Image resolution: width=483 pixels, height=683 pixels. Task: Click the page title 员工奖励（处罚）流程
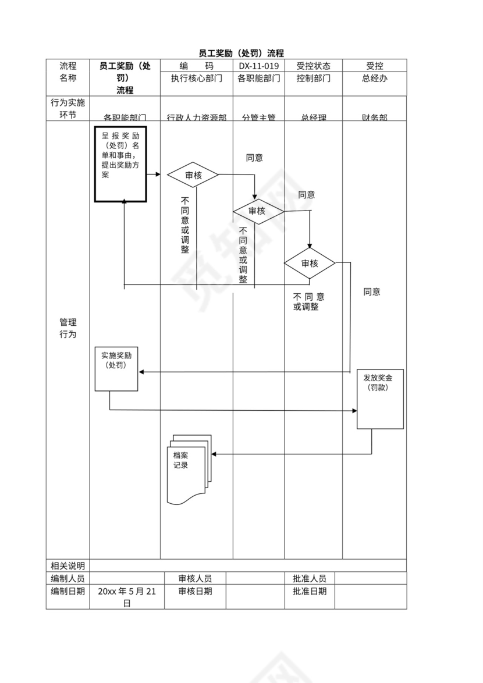pos(241,53)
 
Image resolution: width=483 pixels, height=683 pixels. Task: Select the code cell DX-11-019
pos(258,66)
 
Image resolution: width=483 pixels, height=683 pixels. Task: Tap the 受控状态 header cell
pos(313,66)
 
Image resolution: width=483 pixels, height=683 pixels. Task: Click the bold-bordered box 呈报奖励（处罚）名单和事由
pos(120,163)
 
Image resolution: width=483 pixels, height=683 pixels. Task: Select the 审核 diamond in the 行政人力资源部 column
pos(193,175)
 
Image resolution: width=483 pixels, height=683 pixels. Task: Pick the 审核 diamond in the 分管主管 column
pos(257,211)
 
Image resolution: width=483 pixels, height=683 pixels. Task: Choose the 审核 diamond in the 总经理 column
pos(310,263)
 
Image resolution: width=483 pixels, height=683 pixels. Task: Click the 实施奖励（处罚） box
pos(116,368)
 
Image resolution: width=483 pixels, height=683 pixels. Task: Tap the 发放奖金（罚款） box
pos(380,399)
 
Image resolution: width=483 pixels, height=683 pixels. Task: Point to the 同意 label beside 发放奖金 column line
pos(372,291)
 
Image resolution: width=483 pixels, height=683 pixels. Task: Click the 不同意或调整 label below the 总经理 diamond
pos(308,301)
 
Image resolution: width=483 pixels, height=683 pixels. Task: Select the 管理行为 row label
pos(68,328)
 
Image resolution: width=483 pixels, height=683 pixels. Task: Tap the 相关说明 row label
pos(68,565)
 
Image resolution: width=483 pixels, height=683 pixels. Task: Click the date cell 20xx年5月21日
pos(127,597)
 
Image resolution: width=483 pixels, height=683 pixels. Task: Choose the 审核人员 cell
pos(195,578)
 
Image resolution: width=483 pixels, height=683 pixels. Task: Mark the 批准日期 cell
pos(309,591)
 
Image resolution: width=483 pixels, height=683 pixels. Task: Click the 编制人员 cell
pos(68,578)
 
